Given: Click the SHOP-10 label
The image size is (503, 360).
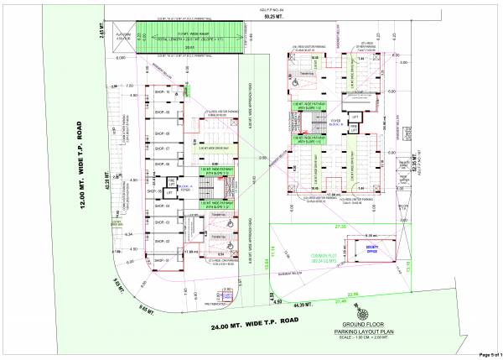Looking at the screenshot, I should click(x=162, y=92).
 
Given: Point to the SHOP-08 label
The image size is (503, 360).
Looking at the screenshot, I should click(x=162, y=133).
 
